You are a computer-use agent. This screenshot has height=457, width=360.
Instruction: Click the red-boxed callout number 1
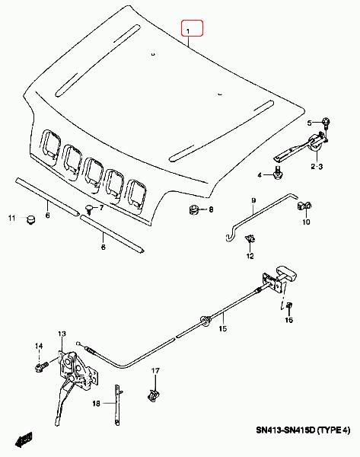pos(188,31)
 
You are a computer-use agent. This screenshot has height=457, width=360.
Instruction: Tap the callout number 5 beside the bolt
pos(309,123)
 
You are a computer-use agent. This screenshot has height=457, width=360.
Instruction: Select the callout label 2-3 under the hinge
pos(317,167)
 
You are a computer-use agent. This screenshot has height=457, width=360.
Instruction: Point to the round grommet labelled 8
pos(193,209)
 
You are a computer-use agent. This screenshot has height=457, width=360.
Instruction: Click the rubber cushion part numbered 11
pos(30,219)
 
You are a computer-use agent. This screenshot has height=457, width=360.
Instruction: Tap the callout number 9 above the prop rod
pos(253,200)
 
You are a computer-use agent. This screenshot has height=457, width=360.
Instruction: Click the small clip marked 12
pos(250,239)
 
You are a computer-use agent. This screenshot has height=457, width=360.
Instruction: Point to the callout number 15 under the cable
pos(223,329)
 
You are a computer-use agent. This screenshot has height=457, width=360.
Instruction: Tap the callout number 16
pos(288,320)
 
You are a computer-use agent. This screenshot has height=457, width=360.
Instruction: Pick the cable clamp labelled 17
pos(154,395)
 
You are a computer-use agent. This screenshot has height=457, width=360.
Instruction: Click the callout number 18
pos(96,404)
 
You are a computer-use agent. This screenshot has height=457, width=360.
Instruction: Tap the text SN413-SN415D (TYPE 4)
pos(303,430)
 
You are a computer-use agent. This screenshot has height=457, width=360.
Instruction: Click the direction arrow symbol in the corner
pos(24,439)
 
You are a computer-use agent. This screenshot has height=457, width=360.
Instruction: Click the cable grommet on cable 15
pos(205,321)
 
